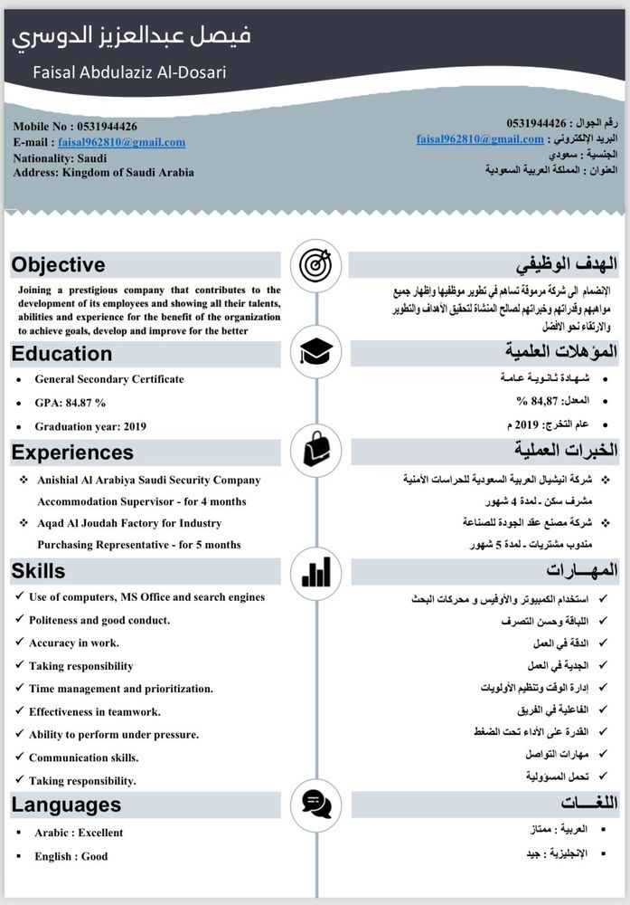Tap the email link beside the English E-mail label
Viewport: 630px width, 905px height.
pos(121,142)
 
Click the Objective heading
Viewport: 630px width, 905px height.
pos(59,265)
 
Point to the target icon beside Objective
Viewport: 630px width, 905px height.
pos(315,264)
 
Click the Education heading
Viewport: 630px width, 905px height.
pos(62,354)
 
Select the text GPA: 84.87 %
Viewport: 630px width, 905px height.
pos(71,403)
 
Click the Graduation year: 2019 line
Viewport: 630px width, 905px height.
pos(90,426)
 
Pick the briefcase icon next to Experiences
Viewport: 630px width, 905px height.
pos(315,448)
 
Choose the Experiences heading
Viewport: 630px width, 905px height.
pos(72,452)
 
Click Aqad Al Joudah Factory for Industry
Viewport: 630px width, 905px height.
pos(129,523)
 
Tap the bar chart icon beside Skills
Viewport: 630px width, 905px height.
pos(315,571)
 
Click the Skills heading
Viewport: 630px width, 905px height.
pos(39,570)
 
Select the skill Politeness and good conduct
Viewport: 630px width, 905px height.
pos(99,620)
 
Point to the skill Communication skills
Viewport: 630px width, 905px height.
pos(83,757)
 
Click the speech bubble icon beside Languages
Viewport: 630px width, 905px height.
pos(315,804)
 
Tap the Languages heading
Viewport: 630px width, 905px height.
pos(66,804)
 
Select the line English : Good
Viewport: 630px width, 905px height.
pos(71,856)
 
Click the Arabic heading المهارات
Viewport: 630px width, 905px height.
pos(582,570)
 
